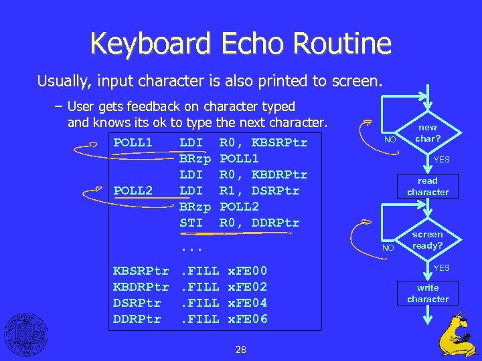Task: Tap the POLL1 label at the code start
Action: (x=133, y=143)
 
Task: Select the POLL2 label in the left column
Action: (x=133, y=191)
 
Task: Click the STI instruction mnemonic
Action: (x=191, y=223)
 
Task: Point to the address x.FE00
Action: (x=248, y=271)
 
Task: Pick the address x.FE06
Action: (x=248, y=319)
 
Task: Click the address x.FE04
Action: (x=248, y=303)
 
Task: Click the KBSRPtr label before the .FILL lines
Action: (x=141, y=271)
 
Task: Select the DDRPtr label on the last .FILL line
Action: (x=137, y=319)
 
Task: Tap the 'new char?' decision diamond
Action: (x=427, y=133)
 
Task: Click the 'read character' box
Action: (x=428, y=187)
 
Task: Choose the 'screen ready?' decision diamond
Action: (x=427, y=240)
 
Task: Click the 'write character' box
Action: (x=428, y=293)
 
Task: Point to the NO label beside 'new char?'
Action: (x=389, y=140)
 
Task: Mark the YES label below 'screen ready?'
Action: (x=442, y=268)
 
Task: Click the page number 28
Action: (x=241, y=350)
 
